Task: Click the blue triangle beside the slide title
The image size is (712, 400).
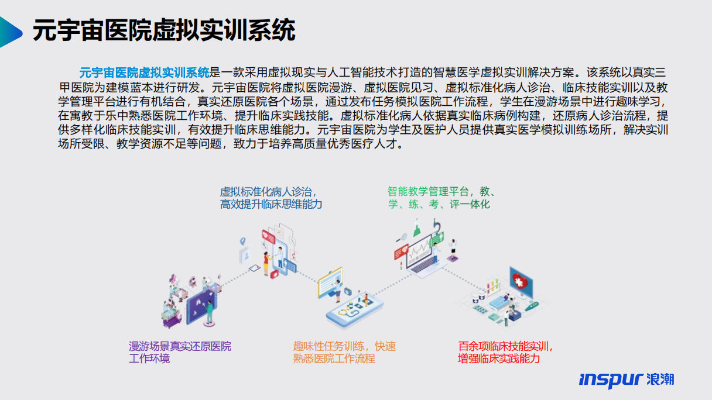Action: click(9, 32)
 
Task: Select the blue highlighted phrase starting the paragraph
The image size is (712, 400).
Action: click(144, 73)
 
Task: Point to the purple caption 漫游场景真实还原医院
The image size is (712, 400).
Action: click(180, 346)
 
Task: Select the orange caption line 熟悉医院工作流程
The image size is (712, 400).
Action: click(334, 358)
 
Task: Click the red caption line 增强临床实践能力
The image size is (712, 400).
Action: click(499, 358)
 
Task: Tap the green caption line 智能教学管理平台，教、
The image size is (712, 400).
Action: click(442, 191)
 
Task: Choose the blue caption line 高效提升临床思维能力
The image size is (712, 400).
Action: click(271, 204)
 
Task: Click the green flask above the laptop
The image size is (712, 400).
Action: click(417, 229)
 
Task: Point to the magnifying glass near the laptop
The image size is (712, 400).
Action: click(402, 237)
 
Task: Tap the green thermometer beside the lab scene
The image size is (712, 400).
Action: click(532, 306)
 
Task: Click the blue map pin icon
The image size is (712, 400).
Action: click(242, 242)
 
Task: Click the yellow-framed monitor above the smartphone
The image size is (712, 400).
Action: click(330, 282)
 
